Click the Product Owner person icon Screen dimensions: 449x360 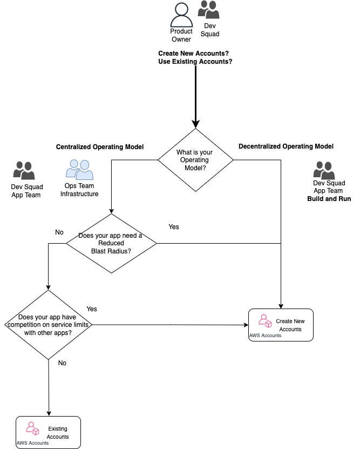181,14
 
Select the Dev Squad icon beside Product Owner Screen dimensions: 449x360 208,10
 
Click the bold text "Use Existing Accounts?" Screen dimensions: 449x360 195,62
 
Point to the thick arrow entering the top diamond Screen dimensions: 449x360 195,97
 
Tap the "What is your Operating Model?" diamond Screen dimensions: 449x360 195,160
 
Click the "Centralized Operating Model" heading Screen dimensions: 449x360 103,147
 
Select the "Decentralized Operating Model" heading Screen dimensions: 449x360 286,146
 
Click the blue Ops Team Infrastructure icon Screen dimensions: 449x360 79,169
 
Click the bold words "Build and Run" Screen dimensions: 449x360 329,199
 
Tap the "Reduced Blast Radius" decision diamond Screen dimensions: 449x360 111,243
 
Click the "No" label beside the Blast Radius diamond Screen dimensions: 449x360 59,232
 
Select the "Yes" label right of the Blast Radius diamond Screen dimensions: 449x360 173,227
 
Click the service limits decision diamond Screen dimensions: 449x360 49,325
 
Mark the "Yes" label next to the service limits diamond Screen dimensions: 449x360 92,309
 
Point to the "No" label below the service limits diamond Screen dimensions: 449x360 62,363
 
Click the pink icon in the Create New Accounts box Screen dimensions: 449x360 264,321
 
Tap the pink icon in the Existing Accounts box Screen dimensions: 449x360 33,428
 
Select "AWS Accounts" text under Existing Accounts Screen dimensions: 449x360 33,443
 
